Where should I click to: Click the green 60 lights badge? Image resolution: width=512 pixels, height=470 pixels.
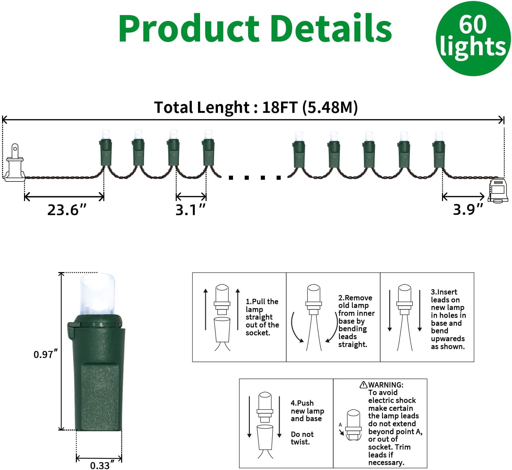[x=473, y=38]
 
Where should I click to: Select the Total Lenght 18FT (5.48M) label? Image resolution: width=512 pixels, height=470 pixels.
[x=256, y=107]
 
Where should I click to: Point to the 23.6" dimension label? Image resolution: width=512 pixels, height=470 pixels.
[x=67, y=210]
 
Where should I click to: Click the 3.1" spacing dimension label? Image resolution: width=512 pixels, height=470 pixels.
[x=190, y=210]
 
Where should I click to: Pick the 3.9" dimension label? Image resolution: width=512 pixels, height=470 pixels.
[x=468, y=210]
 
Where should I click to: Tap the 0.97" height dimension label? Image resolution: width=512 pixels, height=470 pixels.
[x=45, y=354]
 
